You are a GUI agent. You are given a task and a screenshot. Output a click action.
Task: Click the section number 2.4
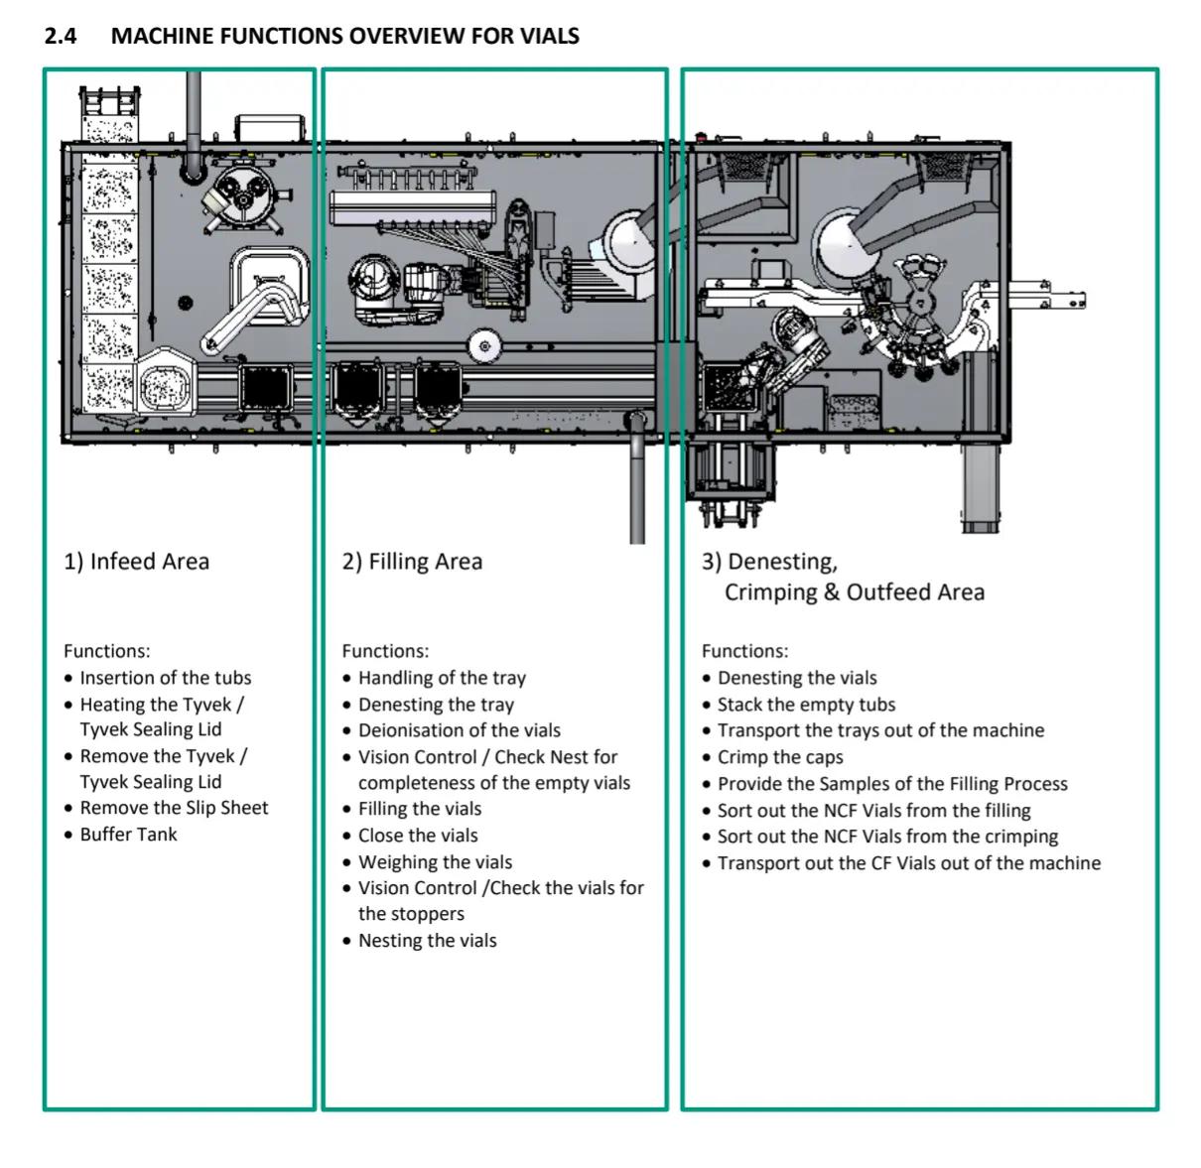[x=61, y=36]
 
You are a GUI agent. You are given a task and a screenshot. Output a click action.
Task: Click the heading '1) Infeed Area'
[x=136, y=562]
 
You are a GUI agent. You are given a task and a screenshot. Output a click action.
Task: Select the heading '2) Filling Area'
[x=412, y=562]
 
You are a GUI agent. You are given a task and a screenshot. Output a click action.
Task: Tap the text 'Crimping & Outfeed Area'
[x=855, y=592]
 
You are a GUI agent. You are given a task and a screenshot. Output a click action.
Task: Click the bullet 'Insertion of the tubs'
[x=166, y=678]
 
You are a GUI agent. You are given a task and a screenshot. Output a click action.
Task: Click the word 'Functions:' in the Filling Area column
[x=385, y=651]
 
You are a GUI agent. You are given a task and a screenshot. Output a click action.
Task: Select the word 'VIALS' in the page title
[x=549, y=36]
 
